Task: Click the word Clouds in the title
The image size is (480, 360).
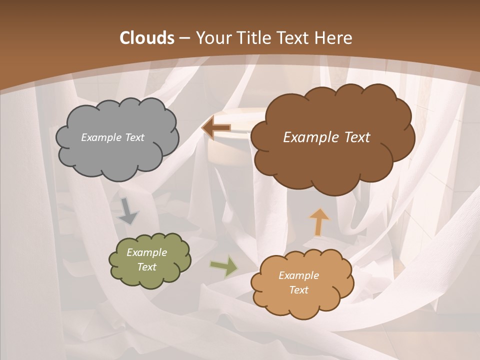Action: pyautogui.click(x=146, y=38)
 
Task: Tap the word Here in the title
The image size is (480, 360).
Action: pyautogui.click(x=334, y=38)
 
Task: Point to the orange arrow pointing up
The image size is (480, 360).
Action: pyautogui.click(x=319, y=221)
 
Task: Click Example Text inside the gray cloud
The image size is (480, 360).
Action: pyautogui.click(x=112, y=137)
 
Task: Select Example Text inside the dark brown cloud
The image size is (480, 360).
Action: pyautogui.click(x=326, y=137)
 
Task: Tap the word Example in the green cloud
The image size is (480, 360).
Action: pyautogui.click(x=146, y=252)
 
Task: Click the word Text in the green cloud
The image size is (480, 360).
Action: pyautogui.click(x=146, y=267)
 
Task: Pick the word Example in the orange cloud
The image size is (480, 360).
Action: pyautogui.click(x=298, y=275)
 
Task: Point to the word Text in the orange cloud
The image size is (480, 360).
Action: pyautogui.click(x=298, y=290)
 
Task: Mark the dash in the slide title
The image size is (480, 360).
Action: pyautogui.click(x=184, y=38)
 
